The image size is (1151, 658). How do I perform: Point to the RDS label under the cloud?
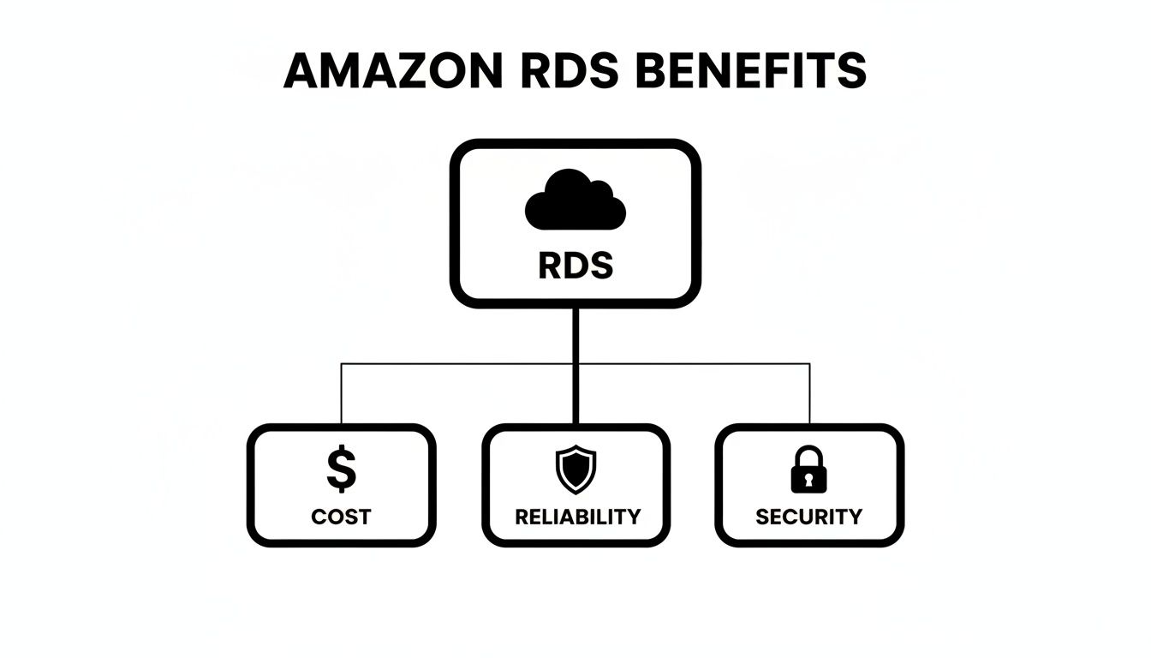point(575,266)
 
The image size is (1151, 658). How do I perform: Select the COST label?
point(341,517)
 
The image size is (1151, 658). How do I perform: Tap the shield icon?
point(575,470)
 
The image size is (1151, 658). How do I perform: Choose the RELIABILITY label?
point(577,517)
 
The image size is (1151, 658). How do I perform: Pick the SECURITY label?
point(809,517)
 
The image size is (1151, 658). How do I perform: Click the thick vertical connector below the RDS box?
point(575,364)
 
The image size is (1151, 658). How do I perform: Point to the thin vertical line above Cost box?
point(342,394)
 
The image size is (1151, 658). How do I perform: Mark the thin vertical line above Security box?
point(809,394)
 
